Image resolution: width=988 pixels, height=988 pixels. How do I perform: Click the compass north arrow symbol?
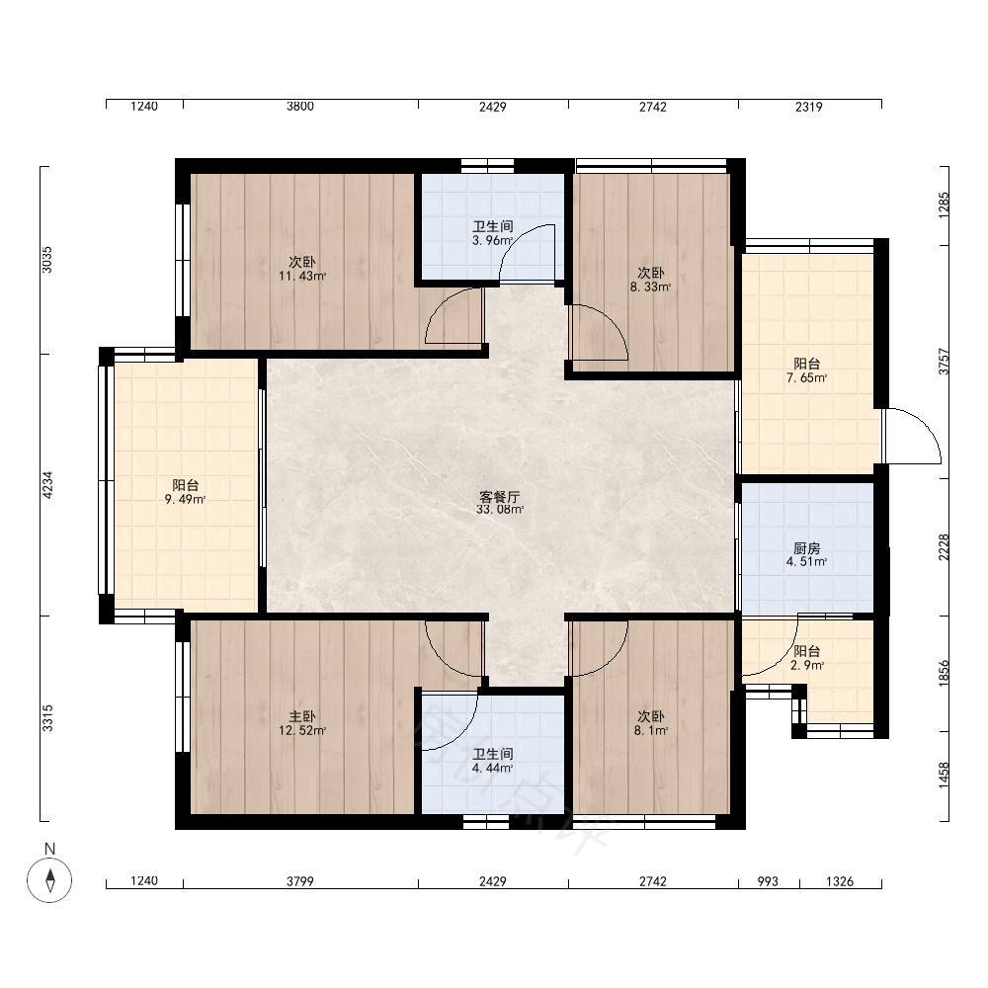pyautogui.click(x=49, y=879)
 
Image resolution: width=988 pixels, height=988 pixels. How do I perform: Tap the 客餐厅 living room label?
pyautogui.click(x=500, y=497)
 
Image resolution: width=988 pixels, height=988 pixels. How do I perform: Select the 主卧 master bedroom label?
pyautogui.click(x=302, y=717)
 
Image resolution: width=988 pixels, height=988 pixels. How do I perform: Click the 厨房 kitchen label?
pyautogui.click(x=806, y=548)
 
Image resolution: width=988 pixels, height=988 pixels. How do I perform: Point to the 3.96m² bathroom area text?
pyautogui.click(x=493, y=240)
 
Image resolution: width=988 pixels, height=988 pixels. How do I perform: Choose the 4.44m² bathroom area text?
pyautogui.click(x=493, y=768)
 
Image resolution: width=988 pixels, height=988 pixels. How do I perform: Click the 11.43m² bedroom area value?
pyautogui.click(x=302, y=276)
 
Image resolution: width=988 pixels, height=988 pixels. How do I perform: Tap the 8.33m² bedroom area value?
pyautogui.click(x=651, y=287)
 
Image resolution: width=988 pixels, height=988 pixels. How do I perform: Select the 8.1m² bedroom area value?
pyautogui.click(x=651, y=731)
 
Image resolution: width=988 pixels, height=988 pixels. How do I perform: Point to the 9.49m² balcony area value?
pyautogui.click(x=186, y=500)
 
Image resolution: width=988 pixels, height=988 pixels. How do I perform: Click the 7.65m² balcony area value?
pyautogui.click(x=806, y=378)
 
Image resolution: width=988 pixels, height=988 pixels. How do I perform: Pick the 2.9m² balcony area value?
pyautogui.click(x=807, y=665)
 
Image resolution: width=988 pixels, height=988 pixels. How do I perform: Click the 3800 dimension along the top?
pyautogui.click(x=300, y=106)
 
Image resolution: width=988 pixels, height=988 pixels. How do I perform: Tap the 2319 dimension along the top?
pyautogui.click(x=809, y=107)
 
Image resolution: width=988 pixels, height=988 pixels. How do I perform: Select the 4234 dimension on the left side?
pyautogui.click(x=47, y=485)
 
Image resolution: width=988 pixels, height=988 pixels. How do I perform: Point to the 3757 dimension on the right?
pyautogui.click(x=944, y=362)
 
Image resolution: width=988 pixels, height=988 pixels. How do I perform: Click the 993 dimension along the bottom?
pyautogui.click(x=768, y=881)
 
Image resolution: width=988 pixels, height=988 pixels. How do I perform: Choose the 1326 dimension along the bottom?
pyautogui.click(x=840, y=881)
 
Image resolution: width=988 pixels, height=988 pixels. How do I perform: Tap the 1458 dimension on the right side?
pyautogui.click(x=944, y=775)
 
